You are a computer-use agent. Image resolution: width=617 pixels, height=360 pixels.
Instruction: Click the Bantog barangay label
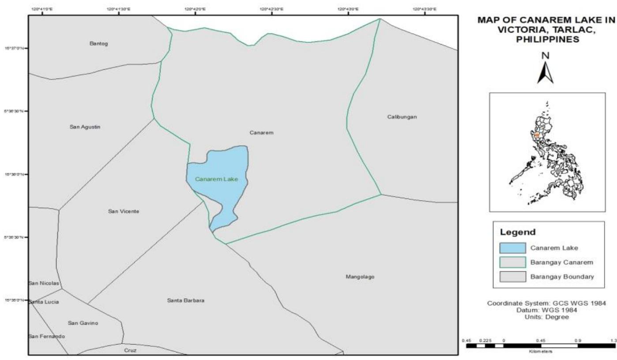98,44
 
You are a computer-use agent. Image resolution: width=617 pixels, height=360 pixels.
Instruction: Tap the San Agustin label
85,127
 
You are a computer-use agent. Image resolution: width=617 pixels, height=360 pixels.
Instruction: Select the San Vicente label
124,211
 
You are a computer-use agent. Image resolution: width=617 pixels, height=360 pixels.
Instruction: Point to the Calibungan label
402,117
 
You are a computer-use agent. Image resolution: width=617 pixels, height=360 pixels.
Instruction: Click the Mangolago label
360,277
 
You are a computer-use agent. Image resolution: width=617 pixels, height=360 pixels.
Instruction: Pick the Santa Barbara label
186,300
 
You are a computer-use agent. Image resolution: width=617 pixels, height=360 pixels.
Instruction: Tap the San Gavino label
83,323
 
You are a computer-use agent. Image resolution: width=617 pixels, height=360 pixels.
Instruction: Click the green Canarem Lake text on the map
216,179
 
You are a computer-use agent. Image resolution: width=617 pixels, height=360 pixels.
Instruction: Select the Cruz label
130,350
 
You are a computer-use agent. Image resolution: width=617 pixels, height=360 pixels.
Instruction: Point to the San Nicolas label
44,283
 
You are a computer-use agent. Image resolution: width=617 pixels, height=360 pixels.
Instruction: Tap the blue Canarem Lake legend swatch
513,247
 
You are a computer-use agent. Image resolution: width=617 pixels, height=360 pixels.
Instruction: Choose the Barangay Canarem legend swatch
513,262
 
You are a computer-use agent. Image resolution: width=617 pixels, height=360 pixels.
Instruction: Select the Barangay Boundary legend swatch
513,277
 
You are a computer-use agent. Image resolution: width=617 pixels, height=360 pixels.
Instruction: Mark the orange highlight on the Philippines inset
537,135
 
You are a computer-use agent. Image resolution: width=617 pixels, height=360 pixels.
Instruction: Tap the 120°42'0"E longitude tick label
195,9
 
